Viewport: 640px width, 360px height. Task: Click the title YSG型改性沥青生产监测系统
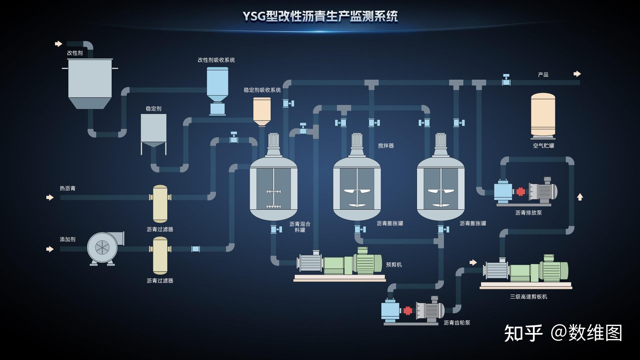[x=320, y=16]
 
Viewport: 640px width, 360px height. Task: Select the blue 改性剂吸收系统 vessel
[x=217, y=82]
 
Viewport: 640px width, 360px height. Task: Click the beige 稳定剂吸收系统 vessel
[x=262, y=110]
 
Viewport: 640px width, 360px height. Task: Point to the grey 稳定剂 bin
[x=153, y=128]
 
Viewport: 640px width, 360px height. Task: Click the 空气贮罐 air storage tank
[x=543, y=115]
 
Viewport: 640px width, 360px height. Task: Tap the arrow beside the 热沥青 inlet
[x=50, y=197]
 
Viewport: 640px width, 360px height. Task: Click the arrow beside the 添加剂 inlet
[x=50, y=249]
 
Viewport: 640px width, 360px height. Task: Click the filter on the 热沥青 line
[x=160, y=203]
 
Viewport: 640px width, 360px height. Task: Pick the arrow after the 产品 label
[x=577, y=74]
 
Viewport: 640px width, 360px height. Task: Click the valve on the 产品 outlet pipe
[x=506, y=80]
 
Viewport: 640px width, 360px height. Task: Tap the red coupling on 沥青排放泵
[x=520, y=192]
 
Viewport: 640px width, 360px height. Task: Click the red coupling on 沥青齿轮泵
[x=408, y=311]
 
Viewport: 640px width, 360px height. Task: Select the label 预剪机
[x=394, y=265]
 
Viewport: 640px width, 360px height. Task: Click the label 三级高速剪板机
[x=528, y=297]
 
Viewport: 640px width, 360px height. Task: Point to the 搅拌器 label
[x=386, y=146]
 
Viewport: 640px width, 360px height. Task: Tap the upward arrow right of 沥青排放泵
[x=580, y=197]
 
